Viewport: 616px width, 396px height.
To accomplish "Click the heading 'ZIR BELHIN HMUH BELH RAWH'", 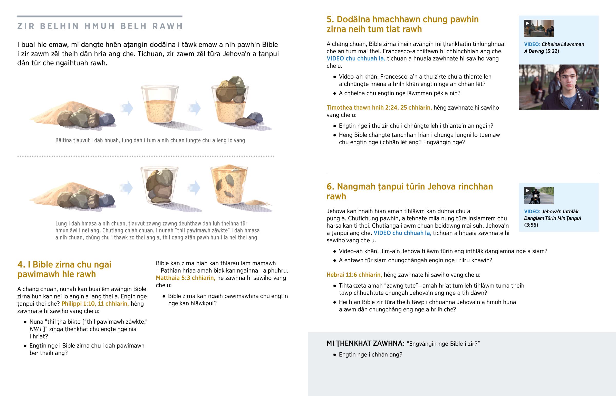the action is (x=100, y=26).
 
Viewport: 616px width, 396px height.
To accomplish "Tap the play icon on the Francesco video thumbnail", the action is (x=527, y=23).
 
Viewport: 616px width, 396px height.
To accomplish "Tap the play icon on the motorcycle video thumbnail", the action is (x=527, y=190).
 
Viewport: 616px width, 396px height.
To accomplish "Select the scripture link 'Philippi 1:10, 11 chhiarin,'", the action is (x=95, y=304).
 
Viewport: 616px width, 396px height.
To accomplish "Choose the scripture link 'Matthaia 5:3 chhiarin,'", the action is (x=186, y=278).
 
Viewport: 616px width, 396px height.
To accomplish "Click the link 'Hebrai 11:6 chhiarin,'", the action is (x=354, y=275).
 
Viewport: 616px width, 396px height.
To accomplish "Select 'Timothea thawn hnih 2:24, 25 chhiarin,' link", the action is (x=379, y=108).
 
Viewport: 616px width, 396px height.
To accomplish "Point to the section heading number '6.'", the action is (x=330, y=186).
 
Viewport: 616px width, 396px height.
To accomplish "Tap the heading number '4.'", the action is (x=21, y=264).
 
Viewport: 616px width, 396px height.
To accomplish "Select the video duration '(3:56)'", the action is (x=531, y=225).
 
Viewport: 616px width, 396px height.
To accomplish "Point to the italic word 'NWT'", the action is (x=36, y=329).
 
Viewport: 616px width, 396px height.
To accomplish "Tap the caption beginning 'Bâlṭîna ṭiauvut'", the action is (x=150, y=140).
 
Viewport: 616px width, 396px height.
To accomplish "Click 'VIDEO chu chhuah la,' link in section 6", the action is (x=402, y=233).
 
